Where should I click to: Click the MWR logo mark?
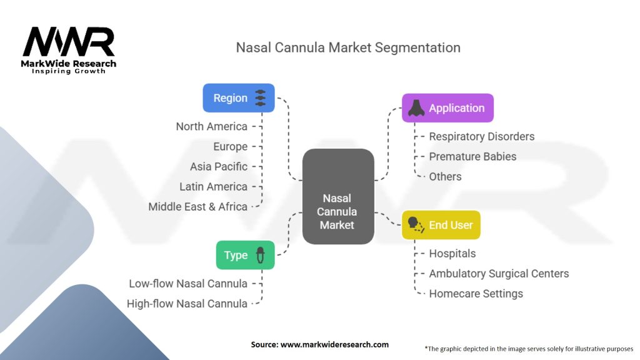click(69, 42)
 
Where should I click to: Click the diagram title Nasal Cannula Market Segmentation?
click(348, 47)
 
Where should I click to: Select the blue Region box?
click(239, 98)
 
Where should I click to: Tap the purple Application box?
click(447, 108)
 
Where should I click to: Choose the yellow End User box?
click(441, 225)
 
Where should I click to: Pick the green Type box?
click(245, 255)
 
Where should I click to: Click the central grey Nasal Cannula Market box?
click(337, 196)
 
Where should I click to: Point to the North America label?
click(211, 126)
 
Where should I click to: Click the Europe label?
click(230, 146)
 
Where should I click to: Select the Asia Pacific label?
click(219, 166)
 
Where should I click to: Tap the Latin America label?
click(213, 186)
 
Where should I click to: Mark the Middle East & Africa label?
click(197, 206)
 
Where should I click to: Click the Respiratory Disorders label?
click(481, 136)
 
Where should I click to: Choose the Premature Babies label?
click(472, 156)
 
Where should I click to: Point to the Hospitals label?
click(452, 254)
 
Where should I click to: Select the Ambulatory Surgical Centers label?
click(499, 274)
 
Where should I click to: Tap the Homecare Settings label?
click(476, 294)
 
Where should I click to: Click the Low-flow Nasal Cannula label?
click(188, 284)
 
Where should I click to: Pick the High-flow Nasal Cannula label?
click(187, 304)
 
